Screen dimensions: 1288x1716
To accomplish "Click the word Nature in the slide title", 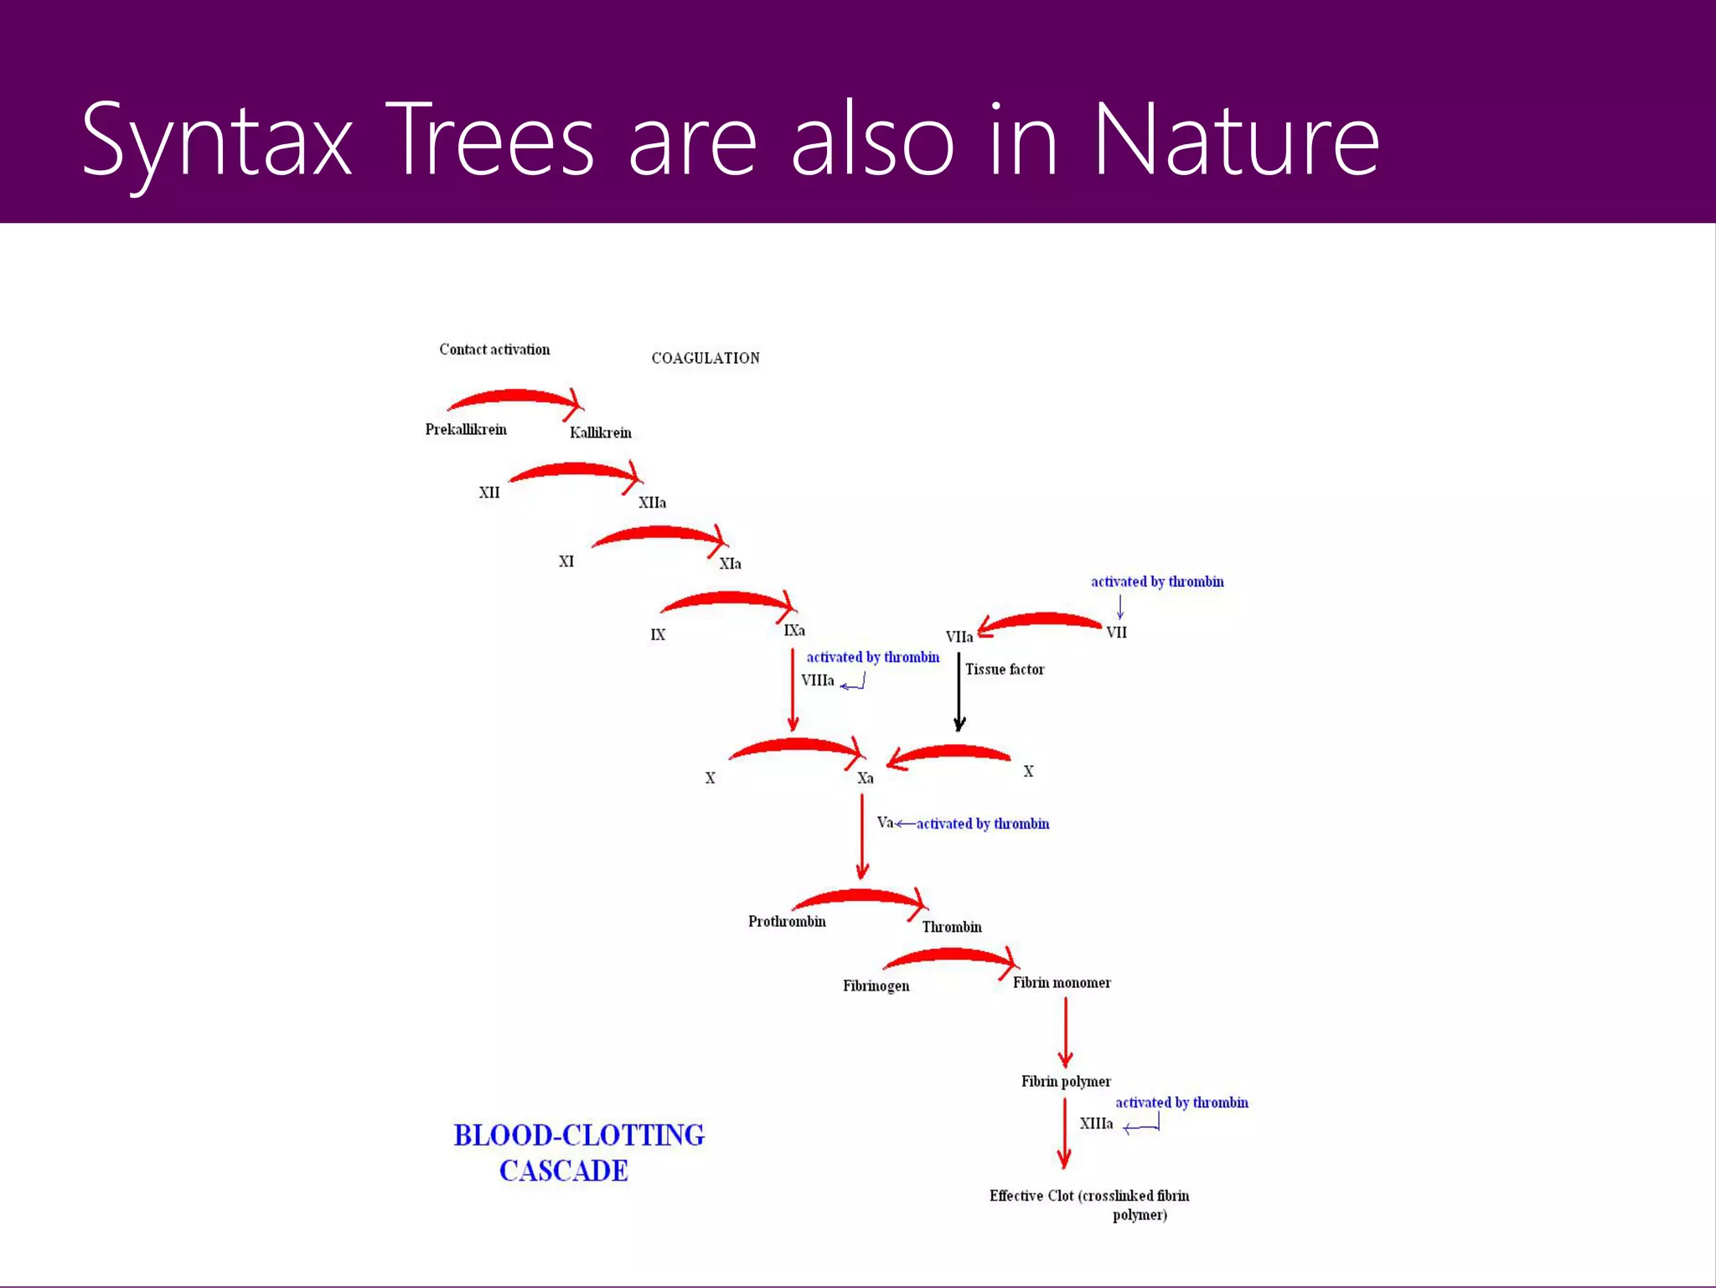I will pyautogui.click(x=1236, y=141).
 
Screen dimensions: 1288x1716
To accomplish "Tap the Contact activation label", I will pyautogui.click(x=494, y=349).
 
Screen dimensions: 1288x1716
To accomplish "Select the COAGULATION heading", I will pyautogui.click(x=706, y=358).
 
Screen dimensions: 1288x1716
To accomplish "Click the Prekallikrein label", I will pyautogui.click(x=466, y=430).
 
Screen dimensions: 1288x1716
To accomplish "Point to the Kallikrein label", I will pyautogui.click(x=601, y=432).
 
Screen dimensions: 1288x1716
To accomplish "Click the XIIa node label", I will pyautogui.click(x=652, y=503).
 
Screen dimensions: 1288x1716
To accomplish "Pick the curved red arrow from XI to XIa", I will pyautogui.click(x=658, y=534).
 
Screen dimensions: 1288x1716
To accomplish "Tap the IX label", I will pyautogui.click(x=658, y=635).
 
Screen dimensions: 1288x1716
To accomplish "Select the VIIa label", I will pyautogui.click(x=959, y=637).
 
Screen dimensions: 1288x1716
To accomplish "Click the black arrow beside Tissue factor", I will pyautogui.click(x=959, y=691).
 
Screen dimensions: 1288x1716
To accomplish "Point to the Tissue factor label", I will pyautogui.click(x=1005, y=670).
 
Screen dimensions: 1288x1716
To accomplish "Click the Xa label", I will pyautogui.click(x=866, y=778).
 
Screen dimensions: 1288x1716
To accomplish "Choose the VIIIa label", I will pyautogui.click(x=817, y=680).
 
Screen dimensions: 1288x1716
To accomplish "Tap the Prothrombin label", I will pyautogui.click(x=787, y=922).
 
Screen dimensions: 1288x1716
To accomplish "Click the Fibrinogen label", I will pyautogui.click(x=876, y=986).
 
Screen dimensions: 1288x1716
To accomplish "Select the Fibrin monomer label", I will pyautogui.click(x=1062, y=983).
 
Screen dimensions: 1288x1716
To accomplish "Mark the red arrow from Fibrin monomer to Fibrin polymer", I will pyautogui.click(x=1065, y=1032).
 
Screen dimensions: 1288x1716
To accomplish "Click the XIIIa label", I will pyautogui.click(x=1096, y=1124).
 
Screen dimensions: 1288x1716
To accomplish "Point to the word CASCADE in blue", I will pyautogui.click(x=563, y=1171).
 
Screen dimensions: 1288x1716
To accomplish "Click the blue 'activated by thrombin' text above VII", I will pyautogui.click(x=1157, y=582).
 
